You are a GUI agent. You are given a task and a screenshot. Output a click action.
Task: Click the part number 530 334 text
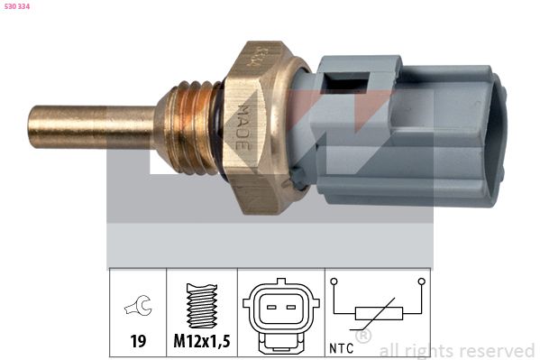(17, 6)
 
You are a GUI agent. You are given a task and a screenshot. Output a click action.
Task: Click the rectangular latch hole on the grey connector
(347, 81)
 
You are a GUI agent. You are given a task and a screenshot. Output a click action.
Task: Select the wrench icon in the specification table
(138, 306)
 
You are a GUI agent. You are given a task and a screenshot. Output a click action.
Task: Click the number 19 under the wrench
(138, 341)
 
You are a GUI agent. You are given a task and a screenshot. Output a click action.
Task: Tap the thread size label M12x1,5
(202, 341)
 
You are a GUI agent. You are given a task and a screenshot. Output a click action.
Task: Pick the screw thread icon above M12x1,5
(202, 306)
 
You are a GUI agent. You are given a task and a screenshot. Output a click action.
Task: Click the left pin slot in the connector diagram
(271, 307)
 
